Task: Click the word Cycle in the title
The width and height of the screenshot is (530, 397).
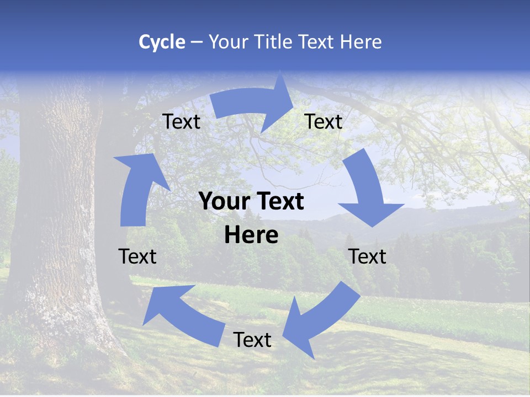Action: [x=162, y=42]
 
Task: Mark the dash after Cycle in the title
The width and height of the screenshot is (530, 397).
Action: [x=197, y=42]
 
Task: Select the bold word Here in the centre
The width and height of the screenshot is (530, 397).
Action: [x=251, y=235]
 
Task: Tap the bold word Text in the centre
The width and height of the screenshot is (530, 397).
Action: [x=278, y=202]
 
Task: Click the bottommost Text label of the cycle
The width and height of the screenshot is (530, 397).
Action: [x=252, y=340]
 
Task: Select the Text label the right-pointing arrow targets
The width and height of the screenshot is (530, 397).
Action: [x=324, y=121]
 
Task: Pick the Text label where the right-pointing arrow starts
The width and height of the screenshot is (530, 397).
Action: [x=182, y=121]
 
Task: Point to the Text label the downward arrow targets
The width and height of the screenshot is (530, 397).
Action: [x=368, y=256]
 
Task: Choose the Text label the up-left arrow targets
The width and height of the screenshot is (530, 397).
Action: [x=137, y=256]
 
